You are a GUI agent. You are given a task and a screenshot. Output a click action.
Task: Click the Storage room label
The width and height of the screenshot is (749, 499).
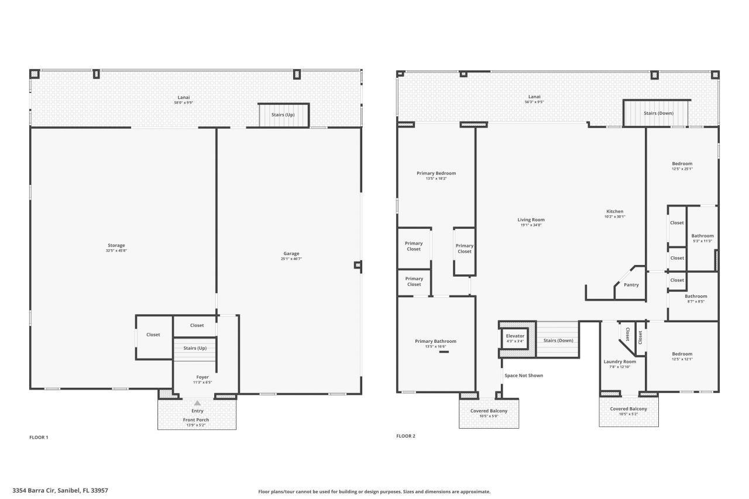click(x=116, y=245)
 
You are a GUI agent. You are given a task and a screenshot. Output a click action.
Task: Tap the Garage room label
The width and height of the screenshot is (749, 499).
click(x=291, y=253)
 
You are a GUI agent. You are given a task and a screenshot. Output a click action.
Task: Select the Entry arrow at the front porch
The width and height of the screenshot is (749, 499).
click(x=197, y=403)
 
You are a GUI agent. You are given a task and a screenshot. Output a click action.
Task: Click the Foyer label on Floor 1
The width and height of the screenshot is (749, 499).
click(x=202, y=377)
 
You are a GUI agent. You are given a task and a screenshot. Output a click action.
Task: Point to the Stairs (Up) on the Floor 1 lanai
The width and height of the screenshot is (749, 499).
click(x=283, y=115)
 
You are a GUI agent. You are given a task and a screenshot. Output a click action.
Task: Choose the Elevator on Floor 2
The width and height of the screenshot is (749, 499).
click(x=515, y=336)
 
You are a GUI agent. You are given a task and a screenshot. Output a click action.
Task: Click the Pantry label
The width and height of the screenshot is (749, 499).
click(x=631, y=285)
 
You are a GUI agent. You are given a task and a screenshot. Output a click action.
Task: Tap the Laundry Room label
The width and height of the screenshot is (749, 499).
click(x=620, y=362)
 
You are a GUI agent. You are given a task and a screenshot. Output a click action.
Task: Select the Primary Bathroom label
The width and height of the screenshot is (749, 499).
click(x=435, y=341)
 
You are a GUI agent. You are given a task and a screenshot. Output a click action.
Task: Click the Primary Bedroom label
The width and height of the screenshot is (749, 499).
click(x=436, y=173)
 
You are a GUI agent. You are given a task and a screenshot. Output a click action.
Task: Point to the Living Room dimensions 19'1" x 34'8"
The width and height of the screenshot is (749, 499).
click(x=532, y=225)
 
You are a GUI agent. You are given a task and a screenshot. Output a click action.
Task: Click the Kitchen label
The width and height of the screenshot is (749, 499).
click(x=614, y=211)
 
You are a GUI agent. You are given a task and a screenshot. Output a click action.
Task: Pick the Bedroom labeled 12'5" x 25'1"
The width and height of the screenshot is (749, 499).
click(x=682, y=164)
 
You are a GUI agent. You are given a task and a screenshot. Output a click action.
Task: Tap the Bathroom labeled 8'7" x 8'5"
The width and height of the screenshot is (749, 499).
click(x=696, y=296)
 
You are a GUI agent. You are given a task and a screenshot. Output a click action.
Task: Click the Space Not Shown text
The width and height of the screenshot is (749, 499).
click(x=524, y=376)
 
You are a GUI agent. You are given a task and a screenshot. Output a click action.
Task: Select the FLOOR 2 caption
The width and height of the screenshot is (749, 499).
click(x=406, y=436)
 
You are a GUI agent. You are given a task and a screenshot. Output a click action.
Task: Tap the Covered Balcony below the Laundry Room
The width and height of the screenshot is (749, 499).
click(x=628, y=409)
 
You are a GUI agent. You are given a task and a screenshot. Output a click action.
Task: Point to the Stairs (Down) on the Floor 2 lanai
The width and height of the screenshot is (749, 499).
click(x=658, y=113)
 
